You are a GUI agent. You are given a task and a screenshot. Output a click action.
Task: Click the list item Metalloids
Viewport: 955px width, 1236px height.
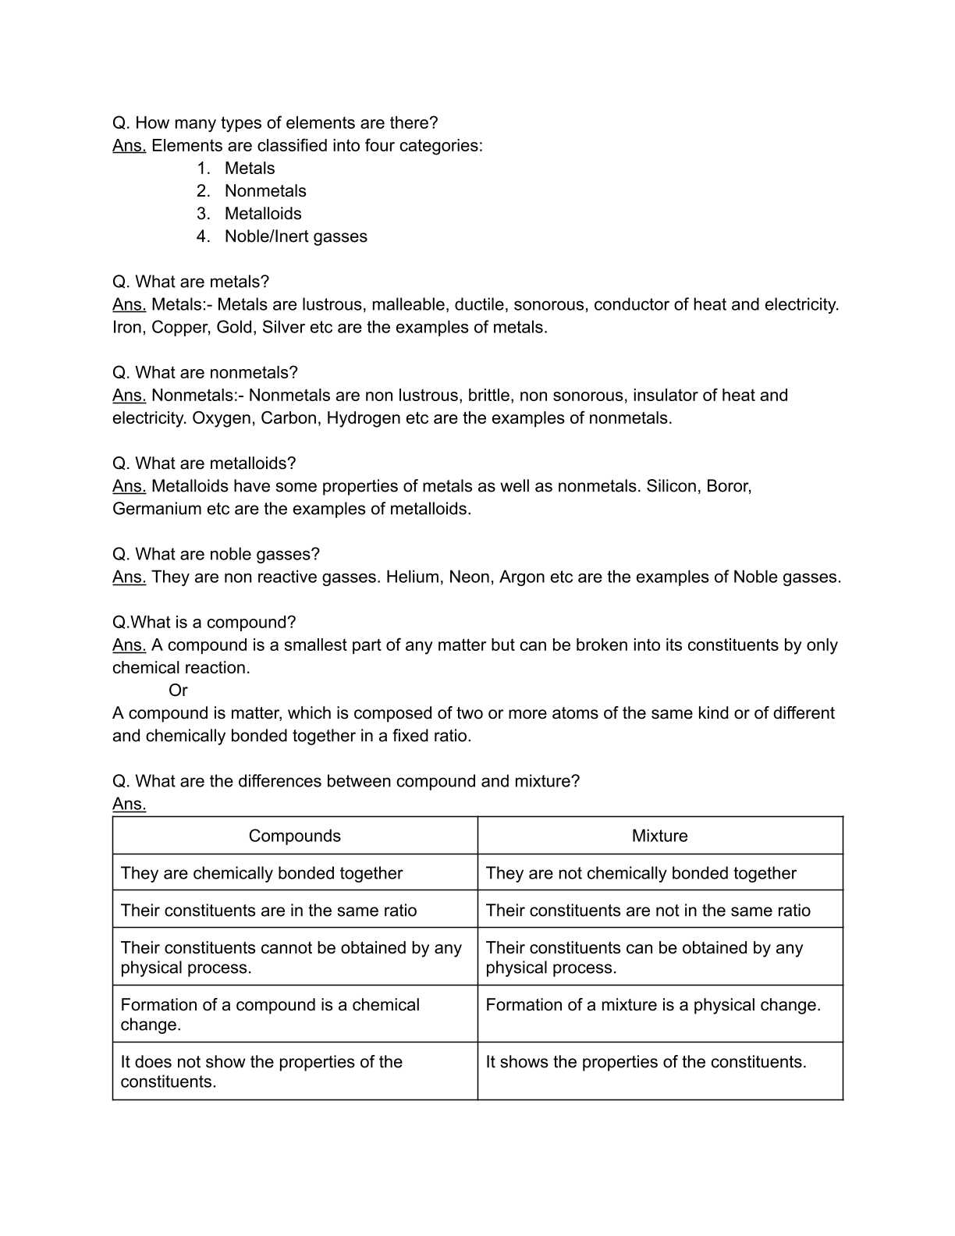click(x=263, y=214)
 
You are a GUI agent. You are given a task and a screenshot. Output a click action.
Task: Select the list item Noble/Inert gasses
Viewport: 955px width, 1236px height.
click(x=296, y=236)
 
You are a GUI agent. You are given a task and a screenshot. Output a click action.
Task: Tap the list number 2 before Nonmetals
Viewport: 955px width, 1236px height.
click(x=203, y=191)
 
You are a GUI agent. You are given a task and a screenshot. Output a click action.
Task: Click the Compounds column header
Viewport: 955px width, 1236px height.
click(x=295, y=836)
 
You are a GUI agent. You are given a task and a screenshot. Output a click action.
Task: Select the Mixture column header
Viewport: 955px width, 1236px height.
click(x=660, y=836)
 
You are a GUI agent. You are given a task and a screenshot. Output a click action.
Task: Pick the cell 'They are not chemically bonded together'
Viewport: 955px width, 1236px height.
click(x=641, y=873)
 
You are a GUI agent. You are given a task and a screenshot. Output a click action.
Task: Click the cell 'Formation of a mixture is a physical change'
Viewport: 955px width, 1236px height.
click(x=653, y=1005)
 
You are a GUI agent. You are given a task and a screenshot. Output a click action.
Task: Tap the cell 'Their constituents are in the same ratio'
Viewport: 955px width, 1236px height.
click(x=268, y=911)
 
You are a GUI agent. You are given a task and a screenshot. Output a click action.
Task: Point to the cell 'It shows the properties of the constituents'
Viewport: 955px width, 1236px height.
click(x=646, y=1062)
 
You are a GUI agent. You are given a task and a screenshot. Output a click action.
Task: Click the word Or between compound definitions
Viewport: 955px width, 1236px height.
click(x=178, y=691)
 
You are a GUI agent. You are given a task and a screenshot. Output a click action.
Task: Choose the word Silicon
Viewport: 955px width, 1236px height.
click(x=672, y=486)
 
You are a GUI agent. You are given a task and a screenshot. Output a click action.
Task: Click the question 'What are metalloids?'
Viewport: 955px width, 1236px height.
click(x=204, y=463)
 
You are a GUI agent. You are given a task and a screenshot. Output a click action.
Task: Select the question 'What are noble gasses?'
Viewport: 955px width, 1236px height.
click(x=216, y=555)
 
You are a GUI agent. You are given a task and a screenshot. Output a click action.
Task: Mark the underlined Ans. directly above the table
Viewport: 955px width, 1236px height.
click(x=129, y=804)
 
